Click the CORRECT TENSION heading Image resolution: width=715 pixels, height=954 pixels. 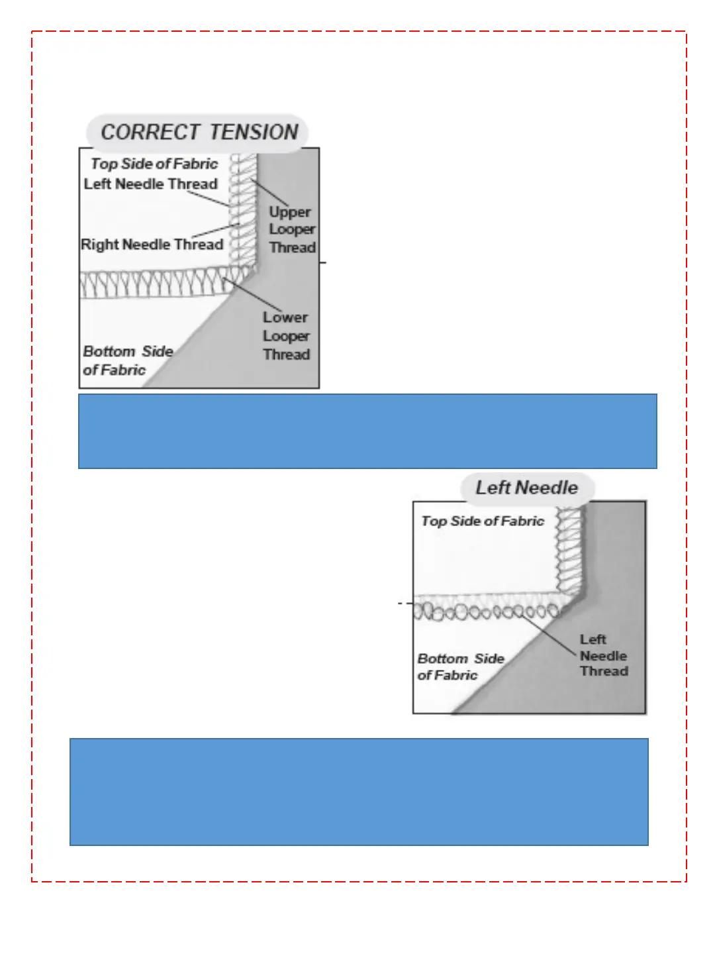[x=199, y=132]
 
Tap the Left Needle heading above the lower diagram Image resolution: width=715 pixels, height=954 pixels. [x=526, y=488]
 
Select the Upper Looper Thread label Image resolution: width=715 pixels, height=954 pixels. [x=292, y=229]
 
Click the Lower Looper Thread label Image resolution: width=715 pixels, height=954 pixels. [x=286, y=336]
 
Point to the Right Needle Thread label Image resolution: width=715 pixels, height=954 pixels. [x=152, y=244]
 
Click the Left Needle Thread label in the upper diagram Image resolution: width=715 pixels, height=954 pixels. [x=150, y=184]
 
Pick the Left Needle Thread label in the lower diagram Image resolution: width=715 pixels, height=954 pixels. [x=603, y=655]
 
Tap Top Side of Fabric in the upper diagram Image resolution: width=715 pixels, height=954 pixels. [x=154, y=164]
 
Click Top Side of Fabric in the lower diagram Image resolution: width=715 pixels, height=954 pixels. [x=483, y=521]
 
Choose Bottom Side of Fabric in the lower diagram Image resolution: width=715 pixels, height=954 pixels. [x=460, y=666]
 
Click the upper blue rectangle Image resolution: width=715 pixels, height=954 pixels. [x=367, y=431]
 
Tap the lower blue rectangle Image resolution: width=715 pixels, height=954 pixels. [x=359, y=792]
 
